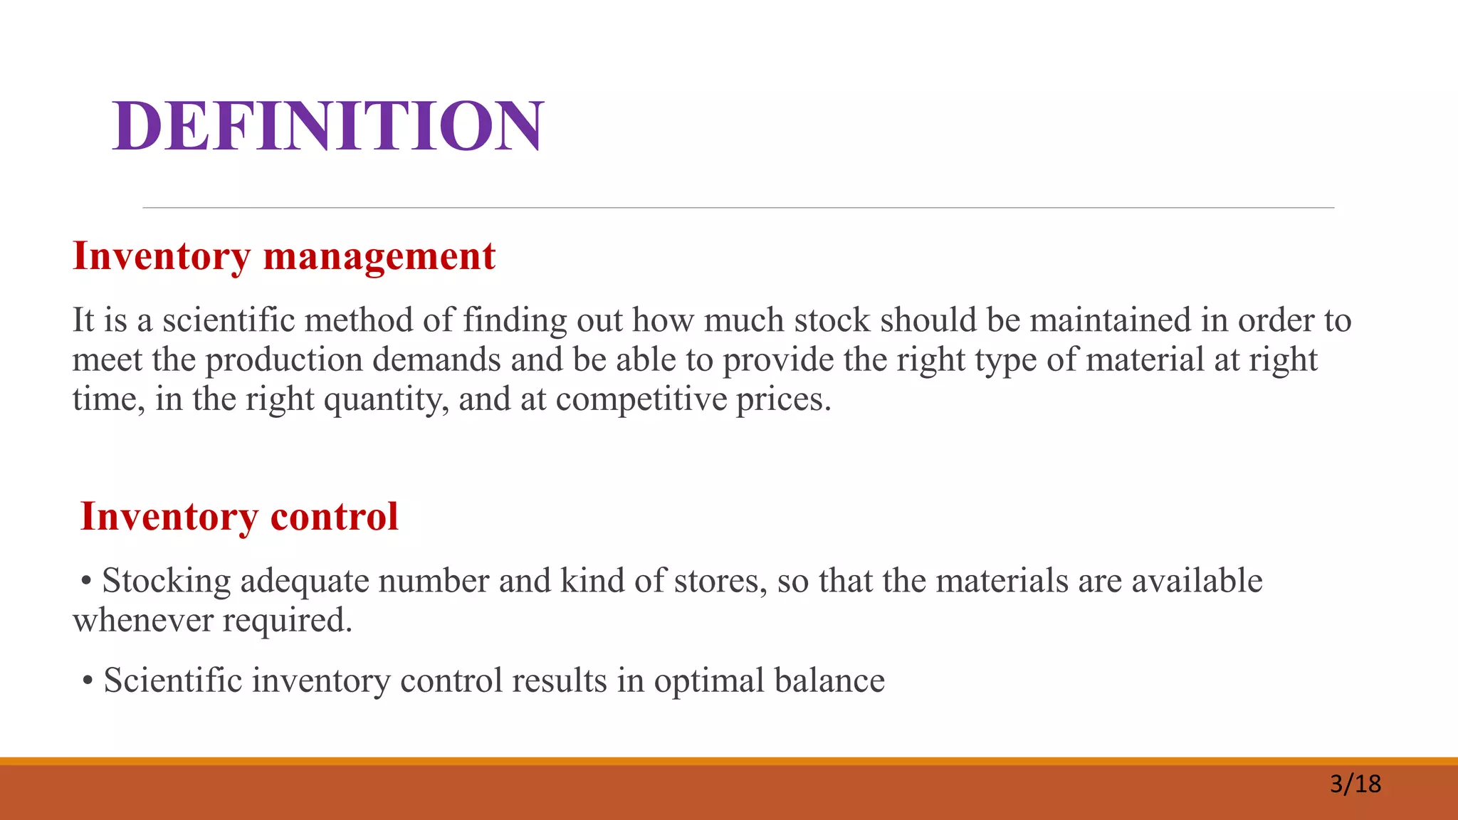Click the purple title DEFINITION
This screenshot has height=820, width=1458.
[327, 126]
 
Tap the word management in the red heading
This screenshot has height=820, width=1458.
[379, 256]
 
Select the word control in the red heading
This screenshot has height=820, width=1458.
[334, 517]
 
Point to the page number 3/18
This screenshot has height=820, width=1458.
[1355, 784]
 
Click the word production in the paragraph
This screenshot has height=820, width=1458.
[284, 359]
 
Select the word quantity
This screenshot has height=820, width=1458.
[386, 399]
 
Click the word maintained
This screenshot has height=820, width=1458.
[1110, 320]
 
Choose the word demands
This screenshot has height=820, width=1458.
[436, 359]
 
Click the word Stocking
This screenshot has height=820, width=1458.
[167, 581]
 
